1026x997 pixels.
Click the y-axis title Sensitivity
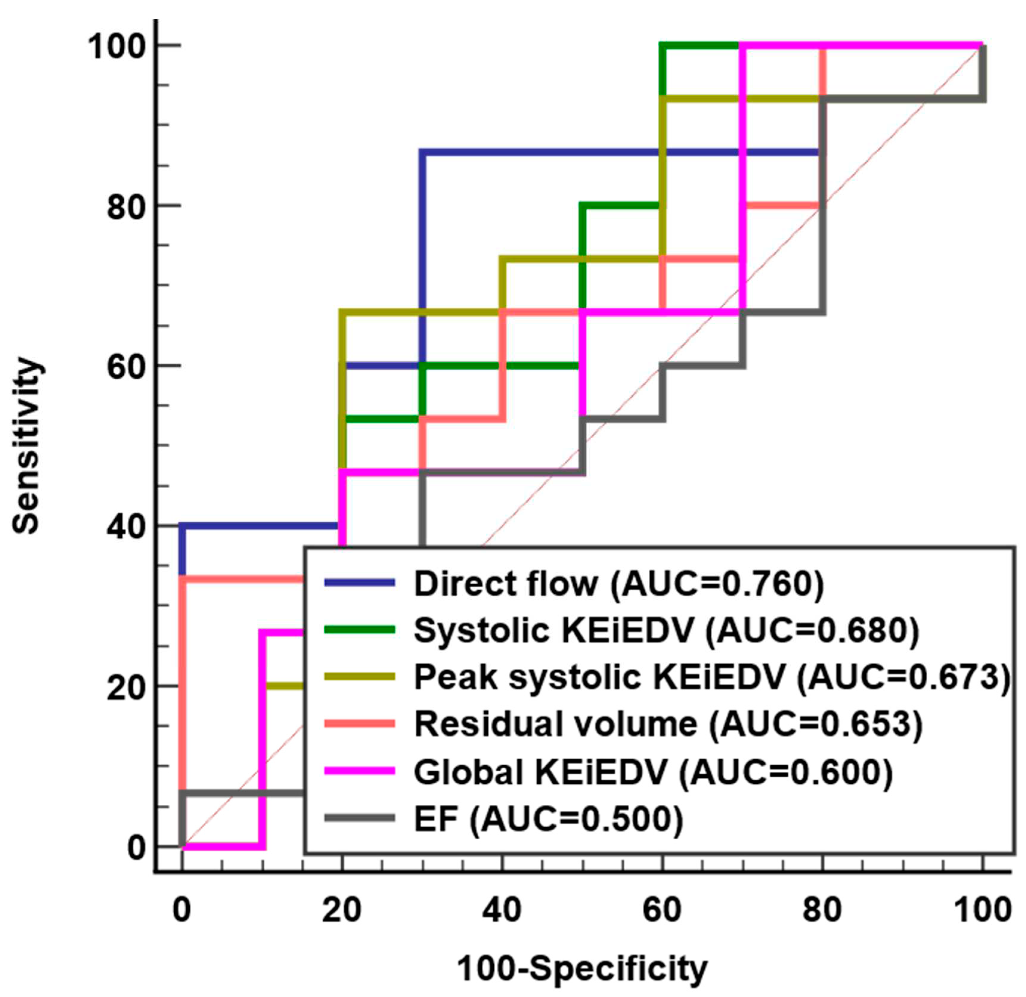click(x=26, y=445)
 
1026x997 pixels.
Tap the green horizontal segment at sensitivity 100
click(x=701, y=46)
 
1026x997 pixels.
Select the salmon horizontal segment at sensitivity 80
click(x=783, y=205)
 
